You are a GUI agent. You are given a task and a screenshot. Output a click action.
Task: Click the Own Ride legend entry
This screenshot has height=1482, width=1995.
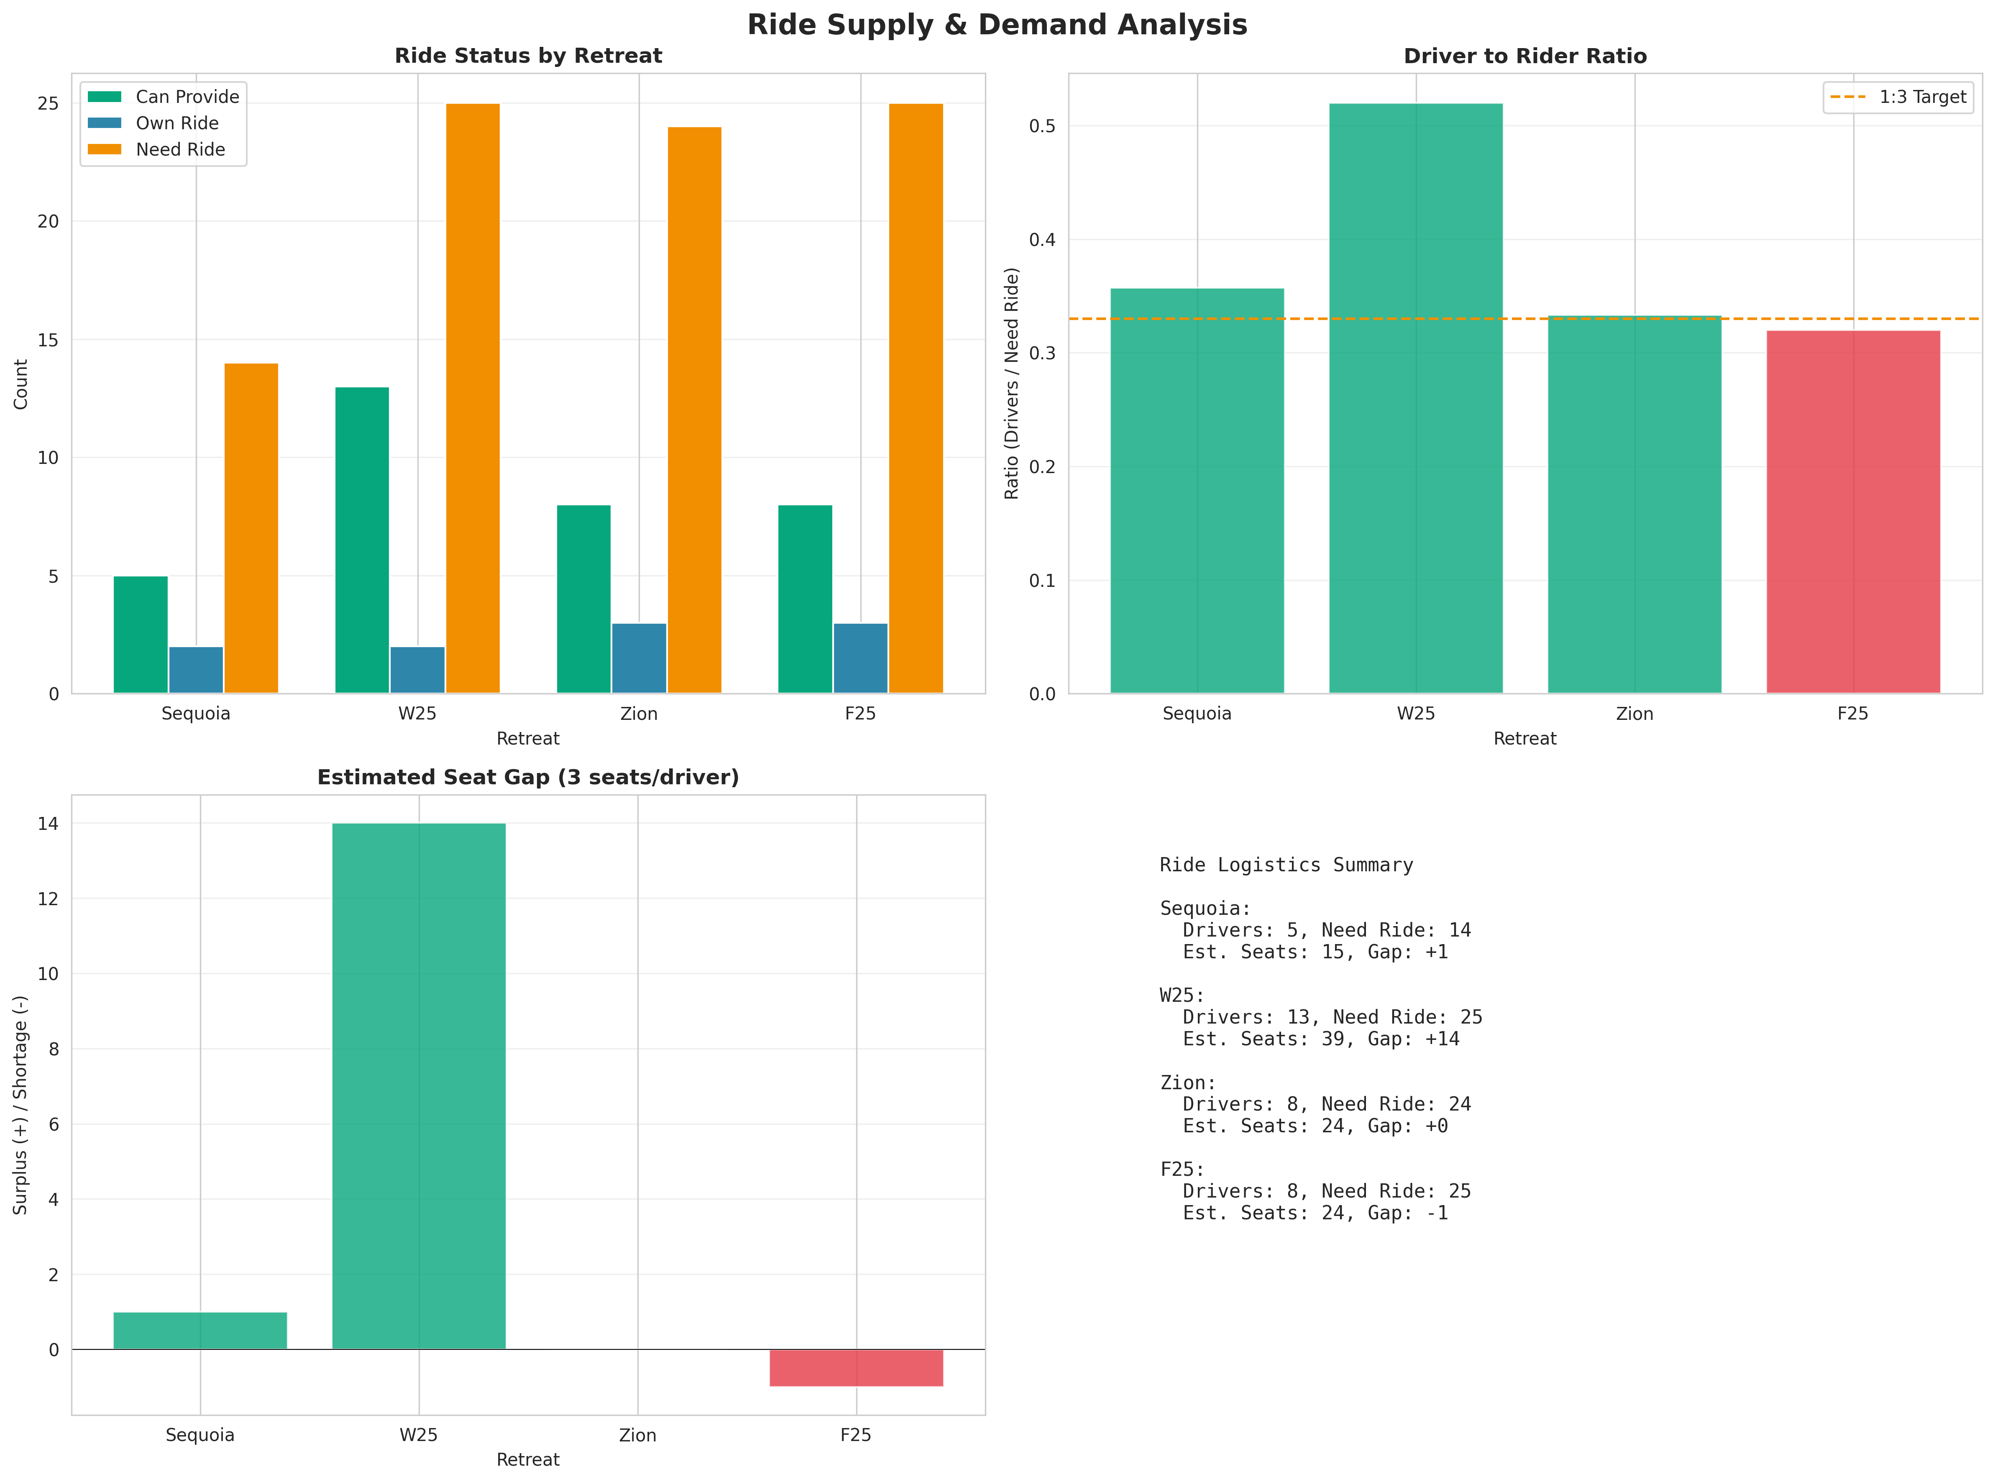click(177, 123)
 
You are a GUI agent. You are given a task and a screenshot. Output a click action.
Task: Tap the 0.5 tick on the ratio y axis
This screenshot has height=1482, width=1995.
click(1042, 125)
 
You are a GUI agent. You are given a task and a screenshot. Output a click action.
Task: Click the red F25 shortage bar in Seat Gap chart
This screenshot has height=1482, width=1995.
click(856, 1368)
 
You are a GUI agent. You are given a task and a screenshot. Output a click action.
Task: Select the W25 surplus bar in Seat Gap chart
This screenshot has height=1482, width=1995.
click(419, 1085)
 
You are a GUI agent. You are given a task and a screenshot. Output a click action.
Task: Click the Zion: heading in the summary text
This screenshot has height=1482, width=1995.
click(1188, 1083)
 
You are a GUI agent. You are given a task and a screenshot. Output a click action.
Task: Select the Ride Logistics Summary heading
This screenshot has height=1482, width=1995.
click(1285, 865)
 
